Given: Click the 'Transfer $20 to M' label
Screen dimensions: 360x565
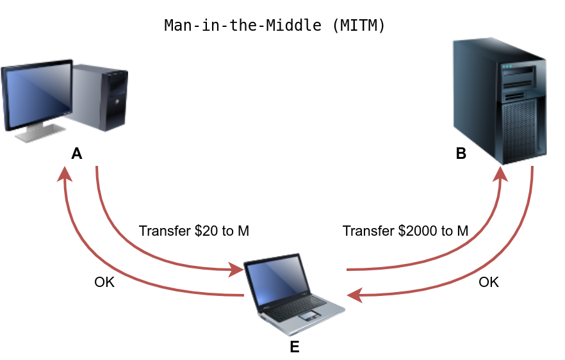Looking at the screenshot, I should point(193,231).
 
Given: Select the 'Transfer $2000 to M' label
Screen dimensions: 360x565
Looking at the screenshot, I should point(405,231).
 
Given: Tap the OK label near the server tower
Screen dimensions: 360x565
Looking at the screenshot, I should point(489,282).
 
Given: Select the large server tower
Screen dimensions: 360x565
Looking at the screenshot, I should point(500,99).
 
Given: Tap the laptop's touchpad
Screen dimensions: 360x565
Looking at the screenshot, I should point(309,316).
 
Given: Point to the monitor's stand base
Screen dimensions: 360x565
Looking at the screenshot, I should point(40,135).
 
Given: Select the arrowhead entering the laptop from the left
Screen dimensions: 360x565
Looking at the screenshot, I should point(235,270).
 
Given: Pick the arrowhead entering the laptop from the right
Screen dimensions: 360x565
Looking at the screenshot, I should point(354,295).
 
